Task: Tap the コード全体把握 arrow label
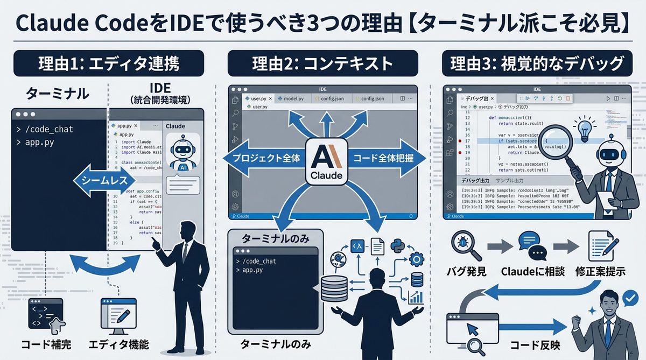pos(384,159)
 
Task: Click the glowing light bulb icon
pos(585,129)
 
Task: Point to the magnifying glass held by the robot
pos(555,141)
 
